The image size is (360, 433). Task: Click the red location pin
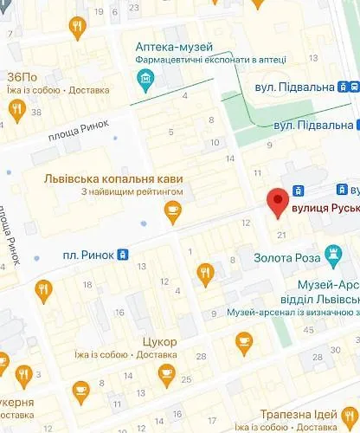pyautogui.click(x=277, y=201)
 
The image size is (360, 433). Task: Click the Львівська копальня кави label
pyautogui.click(x=114, y=178)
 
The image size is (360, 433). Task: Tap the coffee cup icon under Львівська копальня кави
pyautogui.click(x=173, y=209)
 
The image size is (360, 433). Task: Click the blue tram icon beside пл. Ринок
pyautogui.click(x=123, y=254)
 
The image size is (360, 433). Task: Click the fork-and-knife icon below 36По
pyautogui.click(x=16, y=109)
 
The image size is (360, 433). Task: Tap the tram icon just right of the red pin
pyautogui.click(x=299, y=191)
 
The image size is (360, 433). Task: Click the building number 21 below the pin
pyautogui.click(x=280, y=235)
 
